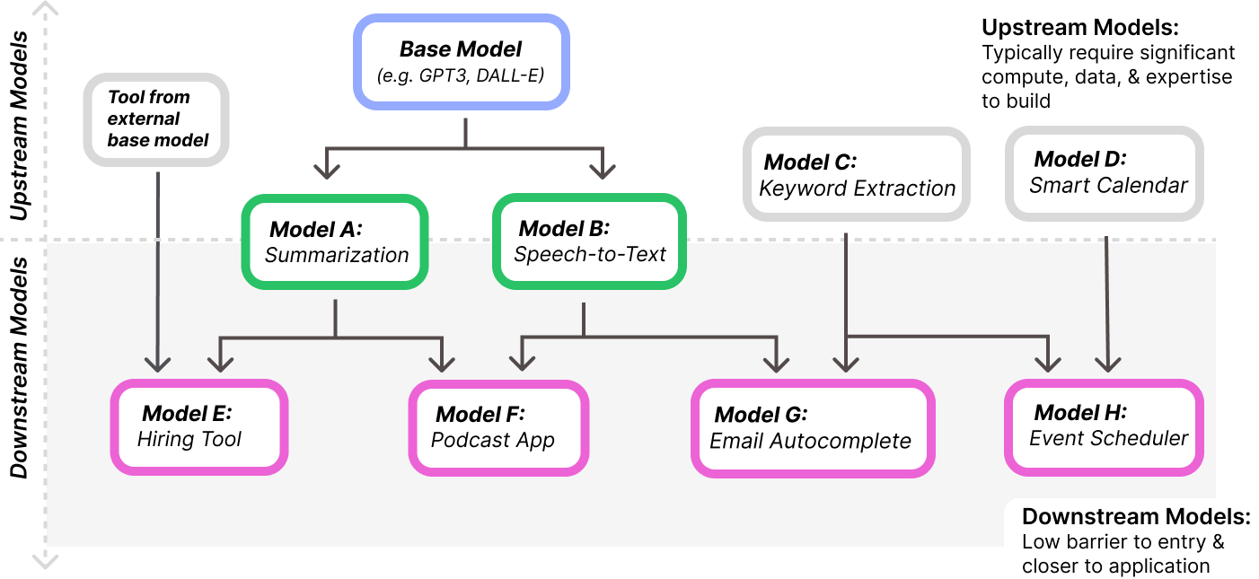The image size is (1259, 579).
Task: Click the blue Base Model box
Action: [462, 62]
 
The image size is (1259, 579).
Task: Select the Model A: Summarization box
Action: [334, 241]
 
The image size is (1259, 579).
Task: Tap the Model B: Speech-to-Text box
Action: [589, 241]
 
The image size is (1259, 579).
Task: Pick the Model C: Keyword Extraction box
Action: [857, 174]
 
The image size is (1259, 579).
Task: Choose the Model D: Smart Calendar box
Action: [1104, 173]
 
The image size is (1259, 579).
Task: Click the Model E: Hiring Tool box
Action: [198, 426]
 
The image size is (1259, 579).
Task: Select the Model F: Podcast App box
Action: [498, 427]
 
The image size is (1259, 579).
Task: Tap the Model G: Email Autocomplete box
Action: [813, 428]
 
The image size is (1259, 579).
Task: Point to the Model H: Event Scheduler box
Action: [1104, 426]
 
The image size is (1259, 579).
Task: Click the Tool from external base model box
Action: [157, 118]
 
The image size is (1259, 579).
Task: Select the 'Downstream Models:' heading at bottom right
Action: [1135, 517]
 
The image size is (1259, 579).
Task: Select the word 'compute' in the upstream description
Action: [1017, 77]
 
